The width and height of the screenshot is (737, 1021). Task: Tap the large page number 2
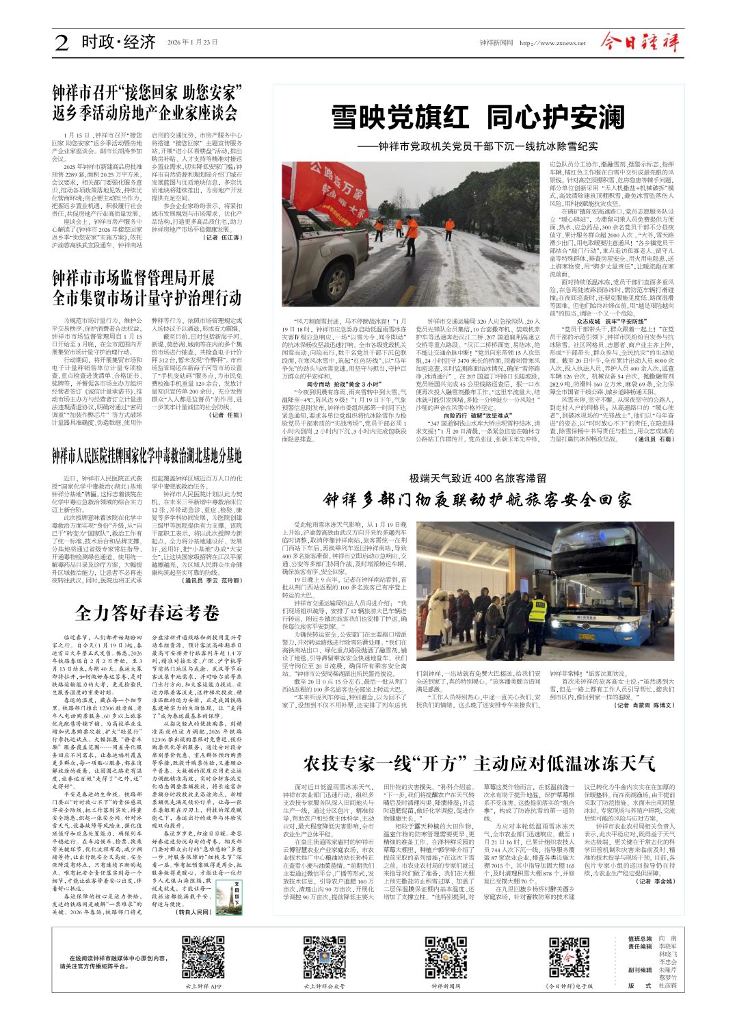62,43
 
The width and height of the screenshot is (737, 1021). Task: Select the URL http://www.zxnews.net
552,43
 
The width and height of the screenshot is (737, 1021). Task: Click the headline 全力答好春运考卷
147,612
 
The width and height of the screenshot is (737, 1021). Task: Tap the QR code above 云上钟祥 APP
202,957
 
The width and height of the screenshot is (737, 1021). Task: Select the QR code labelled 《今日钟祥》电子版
569,957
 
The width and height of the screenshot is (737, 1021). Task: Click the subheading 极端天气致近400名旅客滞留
478,478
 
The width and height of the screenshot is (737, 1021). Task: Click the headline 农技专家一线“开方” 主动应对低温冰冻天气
479,762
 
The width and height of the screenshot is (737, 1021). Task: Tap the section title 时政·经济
118,42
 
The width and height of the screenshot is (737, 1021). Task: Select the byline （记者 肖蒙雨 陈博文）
645,705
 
